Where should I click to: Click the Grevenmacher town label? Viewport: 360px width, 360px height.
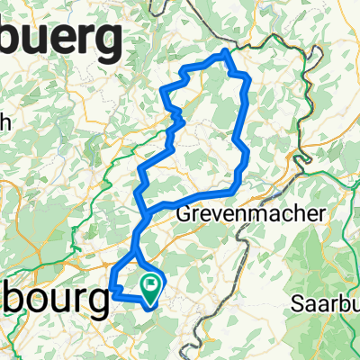pyautogui.click(x=238, y=216)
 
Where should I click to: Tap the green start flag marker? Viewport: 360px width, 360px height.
pyautogui.click(x=150, y=287)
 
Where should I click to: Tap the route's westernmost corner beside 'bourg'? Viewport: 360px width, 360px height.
pyautogui.click(x=112, y=289)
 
